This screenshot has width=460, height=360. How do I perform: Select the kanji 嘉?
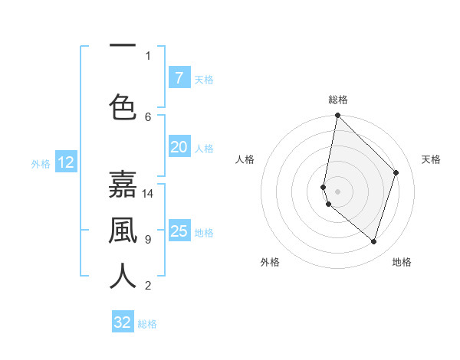click(x=123, y=185)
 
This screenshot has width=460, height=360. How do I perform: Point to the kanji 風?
click(x=123, y=231)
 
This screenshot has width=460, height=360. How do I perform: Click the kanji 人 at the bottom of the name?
click(x=123, y=276)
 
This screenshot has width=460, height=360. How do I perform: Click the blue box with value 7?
click(x=179, y=78)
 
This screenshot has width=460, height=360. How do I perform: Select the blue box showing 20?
click(x=179, y=148)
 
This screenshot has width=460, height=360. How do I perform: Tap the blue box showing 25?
click(x=179, y=231)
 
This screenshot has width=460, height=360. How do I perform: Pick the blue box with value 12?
click(x=65, y=162)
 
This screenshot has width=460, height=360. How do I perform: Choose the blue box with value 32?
click(x=123, y=322)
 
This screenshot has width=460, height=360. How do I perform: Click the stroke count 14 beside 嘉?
click(x=148, y=193)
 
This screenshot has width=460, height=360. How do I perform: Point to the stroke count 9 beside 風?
click(x=148, y=240)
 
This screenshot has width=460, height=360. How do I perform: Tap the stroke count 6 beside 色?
click(x=148, y=116)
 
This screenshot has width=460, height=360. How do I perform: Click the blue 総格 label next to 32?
click(x=148, y=324)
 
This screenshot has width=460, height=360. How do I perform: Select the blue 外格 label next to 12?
click(x=40, y=163)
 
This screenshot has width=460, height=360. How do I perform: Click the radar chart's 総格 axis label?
click(x=338, y=100)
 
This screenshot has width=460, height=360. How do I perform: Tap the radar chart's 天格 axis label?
click(x=431, y=159)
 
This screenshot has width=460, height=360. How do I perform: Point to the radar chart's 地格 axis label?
click(x=402, y=262)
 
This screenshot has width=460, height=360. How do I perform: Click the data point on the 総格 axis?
click(x=337, y=116)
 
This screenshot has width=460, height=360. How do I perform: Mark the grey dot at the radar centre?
click(x=337, y=191)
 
